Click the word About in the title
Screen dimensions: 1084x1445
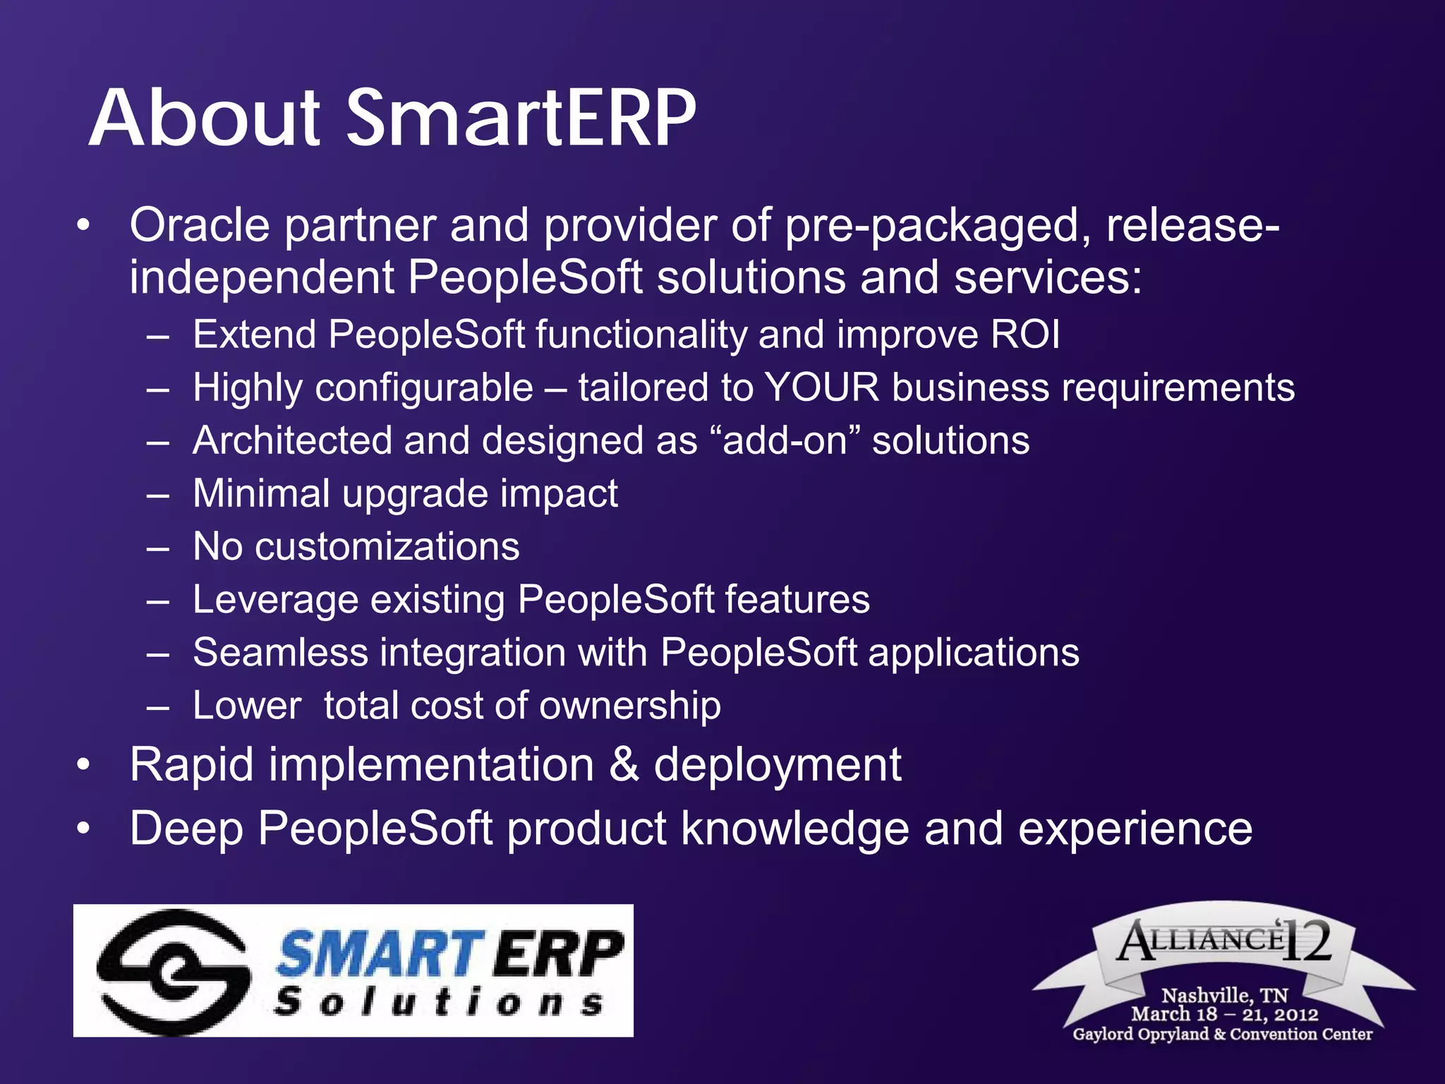point(205,118)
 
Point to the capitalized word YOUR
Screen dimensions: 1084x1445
point(822,388)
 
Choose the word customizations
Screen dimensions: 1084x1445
point(387,547)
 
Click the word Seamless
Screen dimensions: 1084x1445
point(280,653)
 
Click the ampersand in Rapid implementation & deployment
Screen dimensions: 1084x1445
point(624,766)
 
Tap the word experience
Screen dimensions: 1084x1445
point(1135,829)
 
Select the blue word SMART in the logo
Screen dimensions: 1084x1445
point(379,954)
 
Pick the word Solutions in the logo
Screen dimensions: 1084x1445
point(438,1003)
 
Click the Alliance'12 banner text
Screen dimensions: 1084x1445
point(1225,941)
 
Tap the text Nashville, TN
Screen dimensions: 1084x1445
point(1225,995)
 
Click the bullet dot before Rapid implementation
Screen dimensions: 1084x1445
point(84,765)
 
